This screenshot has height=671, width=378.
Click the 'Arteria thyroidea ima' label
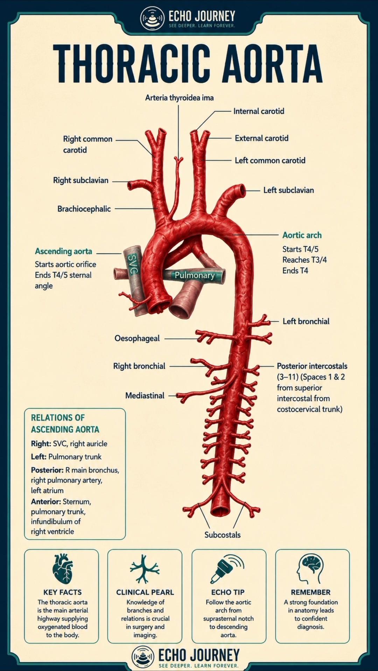click(179, 98)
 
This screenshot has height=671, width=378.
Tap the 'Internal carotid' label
click(259, 111)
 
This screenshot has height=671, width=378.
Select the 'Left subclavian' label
click(288, 190)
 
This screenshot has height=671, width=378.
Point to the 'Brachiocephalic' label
click(84, 209)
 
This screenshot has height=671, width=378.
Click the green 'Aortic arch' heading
click(302, 235)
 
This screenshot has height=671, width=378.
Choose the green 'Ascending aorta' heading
click(63, 251)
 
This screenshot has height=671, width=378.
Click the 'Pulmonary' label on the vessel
click(195, 275)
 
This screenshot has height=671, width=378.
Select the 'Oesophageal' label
click(137, 338)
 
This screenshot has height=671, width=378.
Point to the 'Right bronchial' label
click(139, 366)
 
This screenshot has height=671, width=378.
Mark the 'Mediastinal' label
click(145, 396)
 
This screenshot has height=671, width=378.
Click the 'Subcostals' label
click(223, 535)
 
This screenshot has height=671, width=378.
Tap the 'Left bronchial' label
click(306, 321)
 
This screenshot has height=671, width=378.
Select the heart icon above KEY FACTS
click(62, 569)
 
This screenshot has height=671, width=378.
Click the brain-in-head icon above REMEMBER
click(310, 569)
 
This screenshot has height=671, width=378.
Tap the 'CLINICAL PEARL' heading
click(145, 592)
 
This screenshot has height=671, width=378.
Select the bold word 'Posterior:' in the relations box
click(47, 470)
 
